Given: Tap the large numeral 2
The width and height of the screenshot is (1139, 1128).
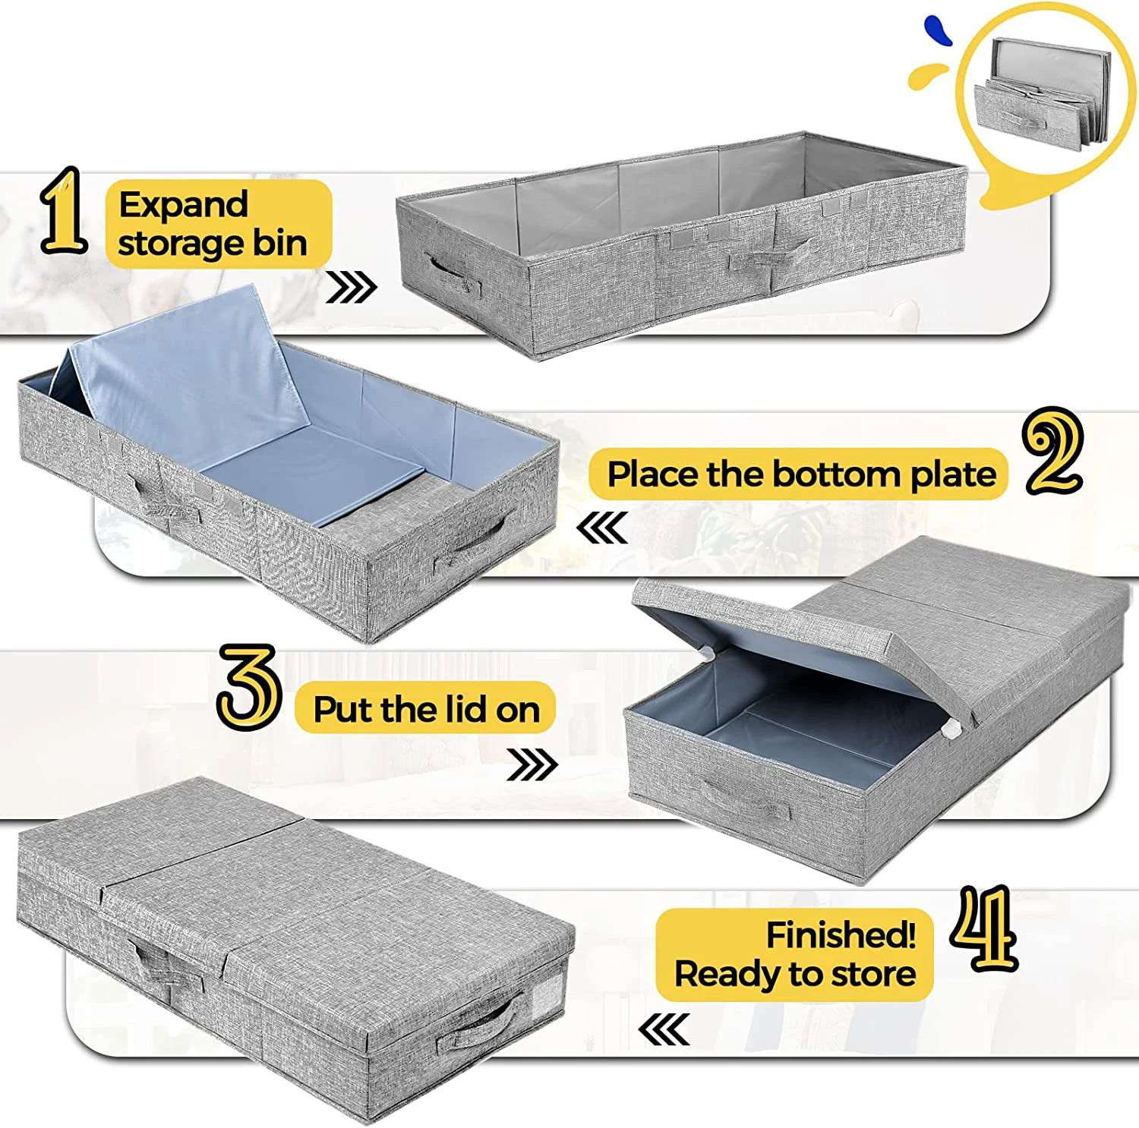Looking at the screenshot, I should (1052, 452).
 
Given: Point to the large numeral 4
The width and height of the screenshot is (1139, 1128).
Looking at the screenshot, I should (984, 928).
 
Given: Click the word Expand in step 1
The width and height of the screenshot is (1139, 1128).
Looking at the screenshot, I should (183, 204).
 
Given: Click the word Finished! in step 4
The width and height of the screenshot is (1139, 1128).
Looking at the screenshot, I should (840, 934).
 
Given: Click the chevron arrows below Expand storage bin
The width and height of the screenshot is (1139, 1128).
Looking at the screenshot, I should (351, 288).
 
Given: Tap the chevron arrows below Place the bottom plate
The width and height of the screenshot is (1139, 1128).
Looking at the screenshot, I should (602, 528).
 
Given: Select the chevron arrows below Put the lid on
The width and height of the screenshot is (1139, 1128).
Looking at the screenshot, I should (532, 764).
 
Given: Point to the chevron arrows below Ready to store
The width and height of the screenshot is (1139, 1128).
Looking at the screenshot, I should (664, 1030).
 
